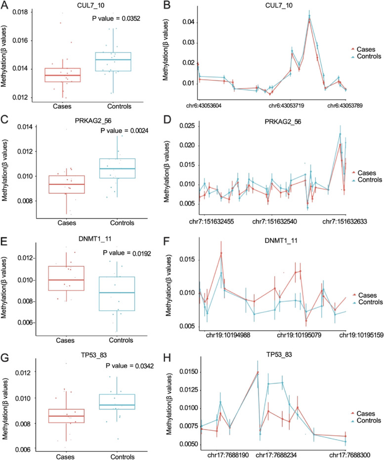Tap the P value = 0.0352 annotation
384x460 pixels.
(x=120, y=19)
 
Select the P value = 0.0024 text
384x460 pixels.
(x=120, y=131)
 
